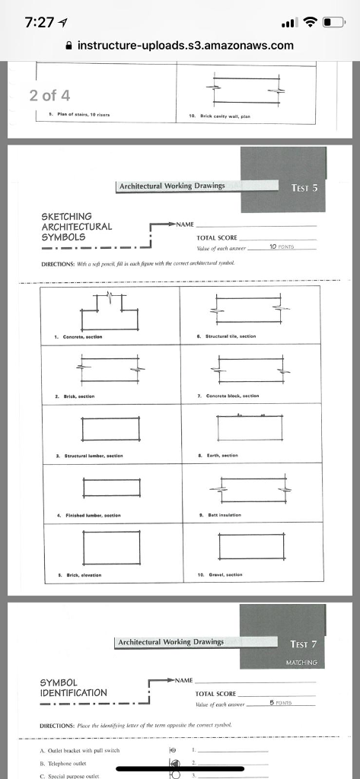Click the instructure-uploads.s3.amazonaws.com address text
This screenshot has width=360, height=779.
[x=186, y=46]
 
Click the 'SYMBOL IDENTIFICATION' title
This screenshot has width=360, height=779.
[x=75, y=687]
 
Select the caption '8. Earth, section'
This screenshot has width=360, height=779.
[x=241, y=454]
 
